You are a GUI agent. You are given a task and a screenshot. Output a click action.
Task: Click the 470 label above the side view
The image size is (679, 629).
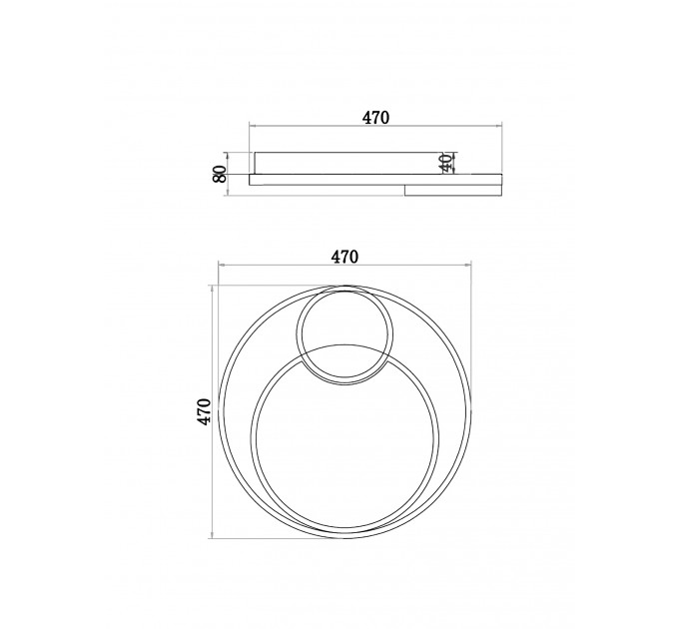375,118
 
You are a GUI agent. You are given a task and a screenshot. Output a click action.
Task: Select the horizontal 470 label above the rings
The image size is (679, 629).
345,258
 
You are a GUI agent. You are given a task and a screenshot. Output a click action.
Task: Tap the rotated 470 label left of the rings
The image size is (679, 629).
204,411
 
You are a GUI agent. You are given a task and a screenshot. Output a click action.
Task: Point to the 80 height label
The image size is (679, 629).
220,174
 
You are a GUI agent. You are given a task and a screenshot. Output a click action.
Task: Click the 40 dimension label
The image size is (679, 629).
446,163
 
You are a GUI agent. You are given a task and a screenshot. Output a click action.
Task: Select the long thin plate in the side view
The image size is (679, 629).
375,180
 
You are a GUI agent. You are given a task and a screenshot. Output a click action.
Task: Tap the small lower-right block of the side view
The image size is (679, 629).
453,191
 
